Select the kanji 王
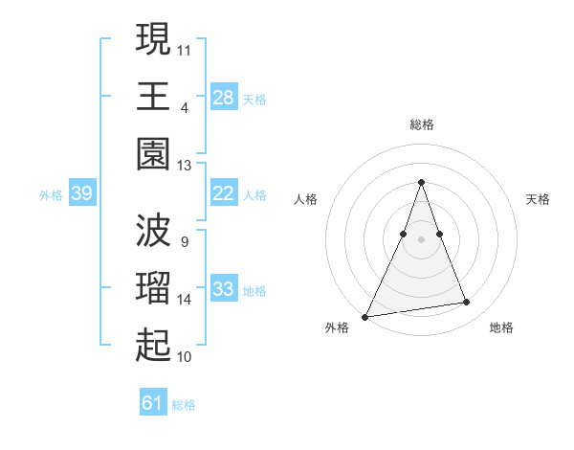click(153, 96)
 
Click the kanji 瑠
click(153, 288)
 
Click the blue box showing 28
click(224, 97)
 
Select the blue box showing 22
click(224, 193)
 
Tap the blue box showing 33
click(224, 289)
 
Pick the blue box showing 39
click(81, 193)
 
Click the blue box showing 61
click(153, 403)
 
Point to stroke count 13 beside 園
click(185, 165)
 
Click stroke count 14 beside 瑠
click(185, 300)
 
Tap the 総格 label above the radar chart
click(421, 124)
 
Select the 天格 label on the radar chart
click(539, 199)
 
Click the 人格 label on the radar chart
click(305, 199)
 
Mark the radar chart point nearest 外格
click(365, 316)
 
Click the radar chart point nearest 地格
click(467, 303)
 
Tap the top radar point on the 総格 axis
click(421, 182)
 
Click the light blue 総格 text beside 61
click(184, 405)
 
